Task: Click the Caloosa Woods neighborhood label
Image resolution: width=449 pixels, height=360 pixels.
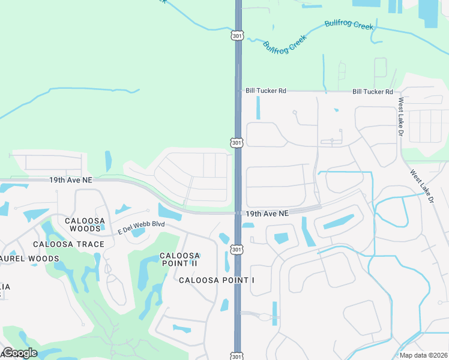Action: click(x=83, y=224)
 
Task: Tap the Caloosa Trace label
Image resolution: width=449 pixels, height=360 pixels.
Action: click(x=68, y=244)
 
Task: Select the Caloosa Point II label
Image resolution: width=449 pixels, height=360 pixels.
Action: click(x=179, y=259)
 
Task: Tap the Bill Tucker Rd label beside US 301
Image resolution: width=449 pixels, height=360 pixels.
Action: click(x=266, y=91)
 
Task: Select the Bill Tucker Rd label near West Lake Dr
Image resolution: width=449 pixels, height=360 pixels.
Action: click(x=372, y=92)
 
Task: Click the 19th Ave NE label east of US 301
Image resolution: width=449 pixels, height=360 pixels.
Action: click(x=267, y=213)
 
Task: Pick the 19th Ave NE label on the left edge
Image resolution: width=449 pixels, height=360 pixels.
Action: click(x=71, y=179)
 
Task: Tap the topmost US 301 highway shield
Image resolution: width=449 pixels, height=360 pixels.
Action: click(x=238, y=35)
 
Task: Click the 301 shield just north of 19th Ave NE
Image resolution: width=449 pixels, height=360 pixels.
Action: click(x=238, y=142)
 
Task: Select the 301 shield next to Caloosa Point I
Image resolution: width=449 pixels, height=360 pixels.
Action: click(x=238, y=249)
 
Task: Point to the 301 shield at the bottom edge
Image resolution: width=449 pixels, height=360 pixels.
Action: click(x=238, y=355)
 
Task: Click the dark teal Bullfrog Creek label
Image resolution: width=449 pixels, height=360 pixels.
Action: click(x=285, y=44)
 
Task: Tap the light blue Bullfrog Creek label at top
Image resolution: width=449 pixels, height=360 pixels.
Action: click(x=349, y=25)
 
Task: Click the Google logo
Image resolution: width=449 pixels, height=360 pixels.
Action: click(x=20, y=353)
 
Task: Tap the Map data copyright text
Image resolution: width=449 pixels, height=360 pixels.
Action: click(x=423, y=355)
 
